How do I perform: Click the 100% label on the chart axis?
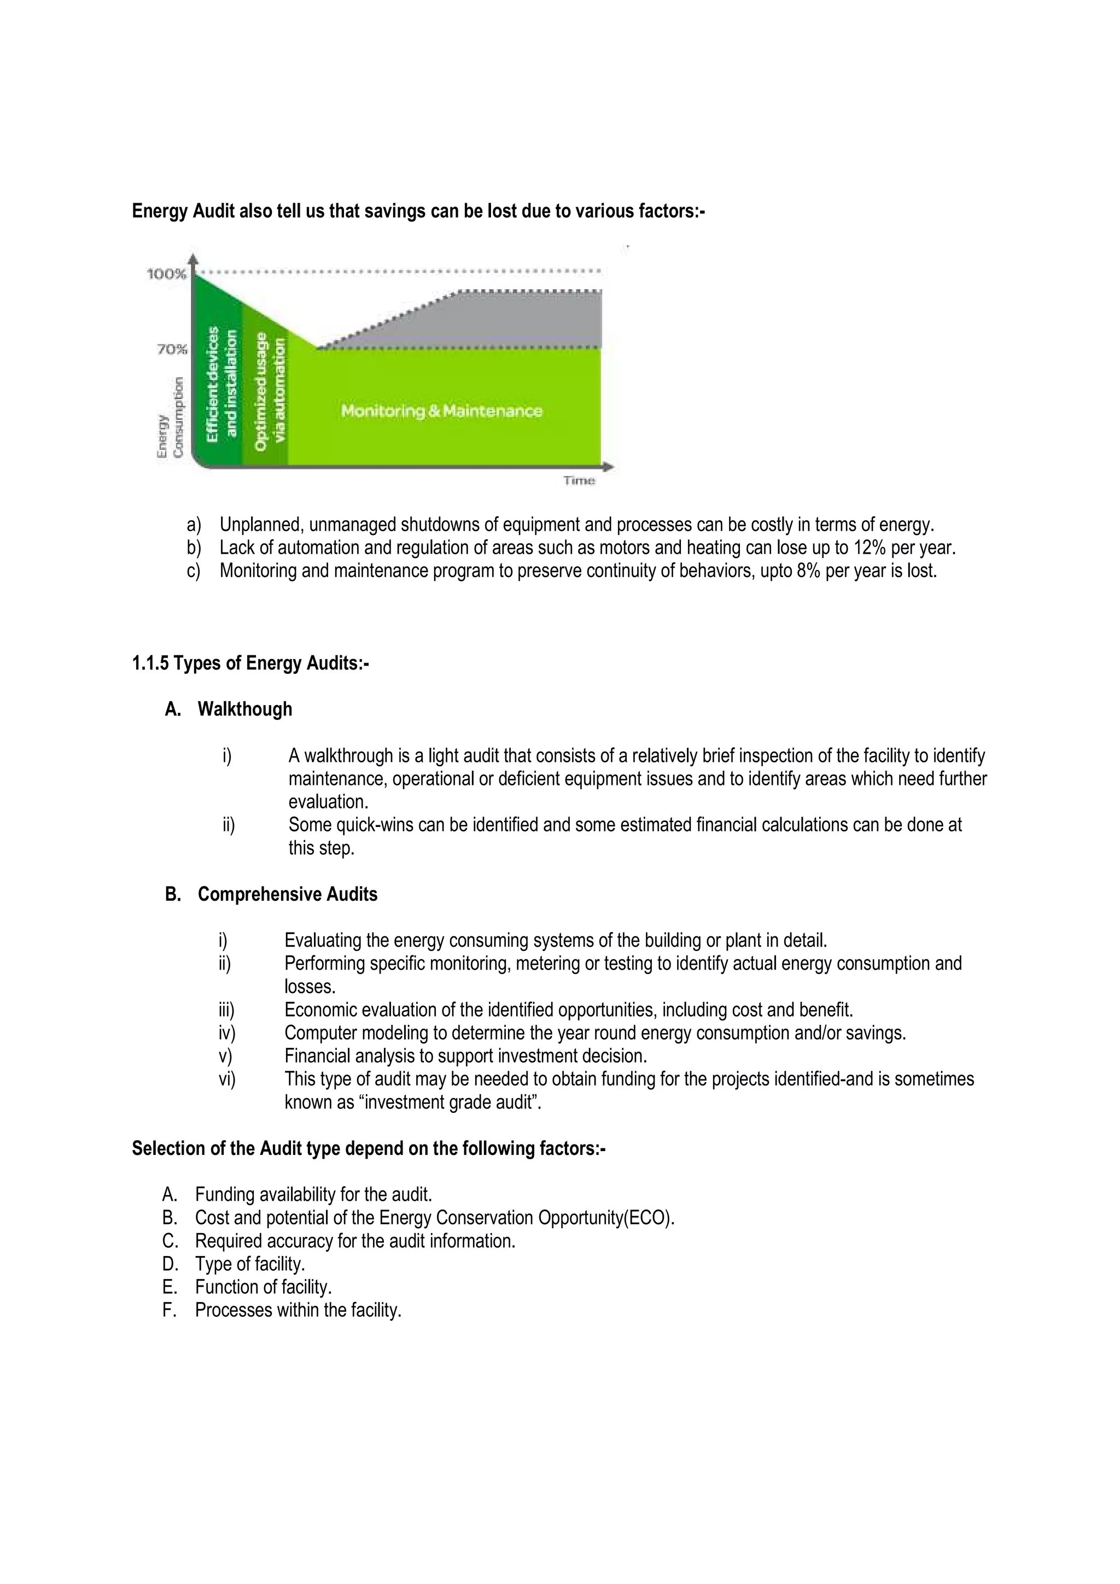click(x=166, y=274)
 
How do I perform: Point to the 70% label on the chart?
click(x=172, y=349)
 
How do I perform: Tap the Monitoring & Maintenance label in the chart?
click(x=442, y=411)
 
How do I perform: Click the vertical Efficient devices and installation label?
click(x=221, y=384)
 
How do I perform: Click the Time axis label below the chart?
click(x=579, y=481)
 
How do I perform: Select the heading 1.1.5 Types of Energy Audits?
click(x=250, y=664)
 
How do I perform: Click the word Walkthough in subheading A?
click(x=245, y=709)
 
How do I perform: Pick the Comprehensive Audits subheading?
click(x=287, y=895)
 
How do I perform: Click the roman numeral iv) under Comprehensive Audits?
click(x=226, y=1034)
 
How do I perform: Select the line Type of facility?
click(x=250, y=1265)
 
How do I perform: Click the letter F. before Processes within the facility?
click(x=169, y=1310)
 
